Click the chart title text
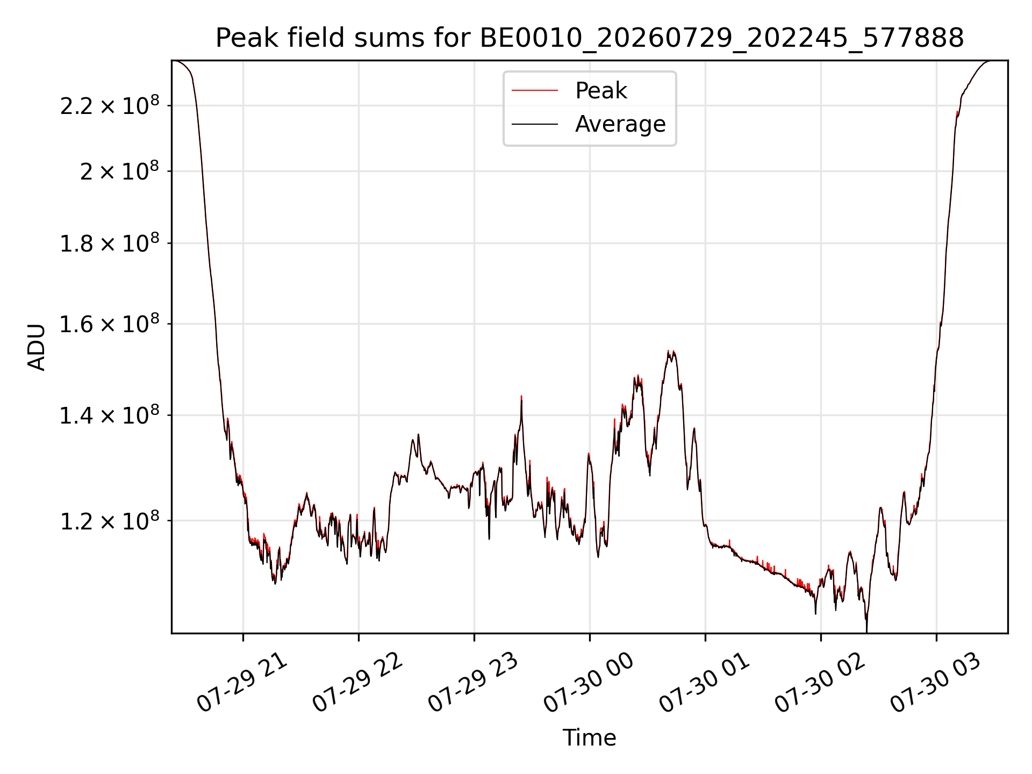590,38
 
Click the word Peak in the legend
601,91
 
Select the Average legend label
620,124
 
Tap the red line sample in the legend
535,91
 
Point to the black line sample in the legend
535,124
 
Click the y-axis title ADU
37,347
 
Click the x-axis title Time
589,737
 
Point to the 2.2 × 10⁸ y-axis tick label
110,105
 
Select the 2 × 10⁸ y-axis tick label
119,171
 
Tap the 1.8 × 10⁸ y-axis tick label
110,243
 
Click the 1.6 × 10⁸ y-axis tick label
110,324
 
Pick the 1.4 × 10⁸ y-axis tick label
110,415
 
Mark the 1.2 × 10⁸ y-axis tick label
110,520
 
